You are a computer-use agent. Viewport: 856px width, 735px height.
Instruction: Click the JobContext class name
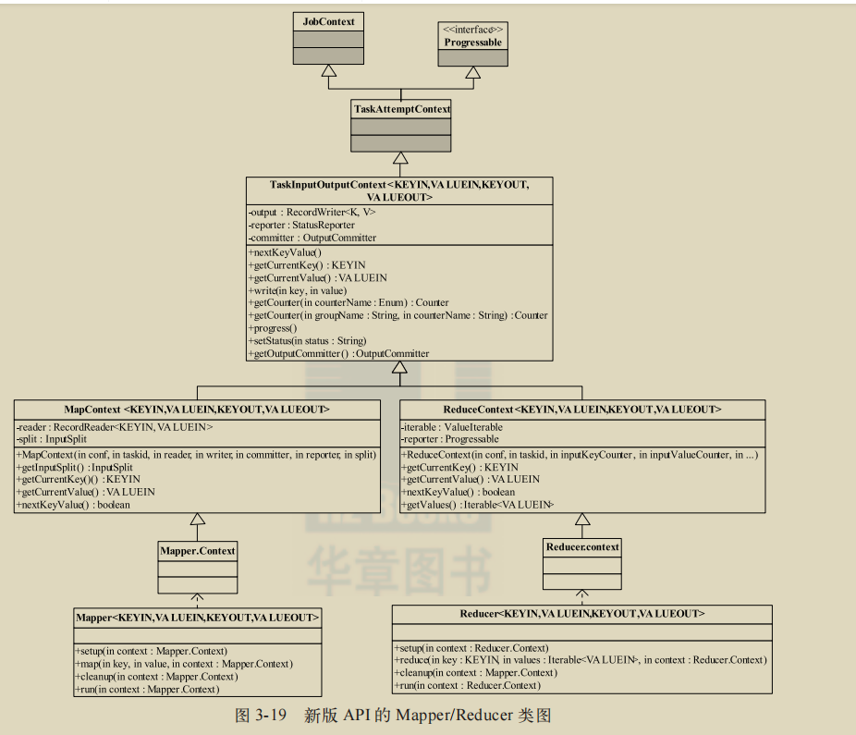pos(328,21)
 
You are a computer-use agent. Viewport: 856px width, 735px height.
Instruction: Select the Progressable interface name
pos(472,43)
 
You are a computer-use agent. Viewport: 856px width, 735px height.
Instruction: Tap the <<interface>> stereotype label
pos(472,30)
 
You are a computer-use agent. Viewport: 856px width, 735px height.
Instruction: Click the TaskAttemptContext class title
pos(401,109)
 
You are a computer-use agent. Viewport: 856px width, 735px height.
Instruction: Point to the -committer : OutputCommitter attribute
pos(312,238)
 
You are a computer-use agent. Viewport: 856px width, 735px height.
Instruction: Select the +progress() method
pos(273,328)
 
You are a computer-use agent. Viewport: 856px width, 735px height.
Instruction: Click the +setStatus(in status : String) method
pos(307,341)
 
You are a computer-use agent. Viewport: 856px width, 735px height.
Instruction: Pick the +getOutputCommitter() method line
pos(338,354)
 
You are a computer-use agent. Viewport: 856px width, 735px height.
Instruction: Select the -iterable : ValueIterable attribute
pos(452,426)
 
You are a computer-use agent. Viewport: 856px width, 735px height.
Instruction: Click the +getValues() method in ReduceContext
pos(477,505)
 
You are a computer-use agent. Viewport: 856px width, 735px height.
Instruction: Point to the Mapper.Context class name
pos(197,551)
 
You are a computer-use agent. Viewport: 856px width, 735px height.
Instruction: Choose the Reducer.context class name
pos(582,547)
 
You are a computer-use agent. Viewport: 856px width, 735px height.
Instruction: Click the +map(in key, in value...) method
pos(183,664)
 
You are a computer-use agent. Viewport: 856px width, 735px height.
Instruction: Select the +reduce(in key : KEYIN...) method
pos(580,660)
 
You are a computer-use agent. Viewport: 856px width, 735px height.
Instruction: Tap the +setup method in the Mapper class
pos(151,651)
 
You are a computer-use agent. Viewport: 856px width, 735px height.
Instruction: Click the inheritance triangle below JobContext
pos(327,71)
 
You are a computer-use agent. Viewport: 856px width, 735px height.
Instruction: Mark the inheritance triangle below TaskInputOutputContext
pos(399,368)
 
